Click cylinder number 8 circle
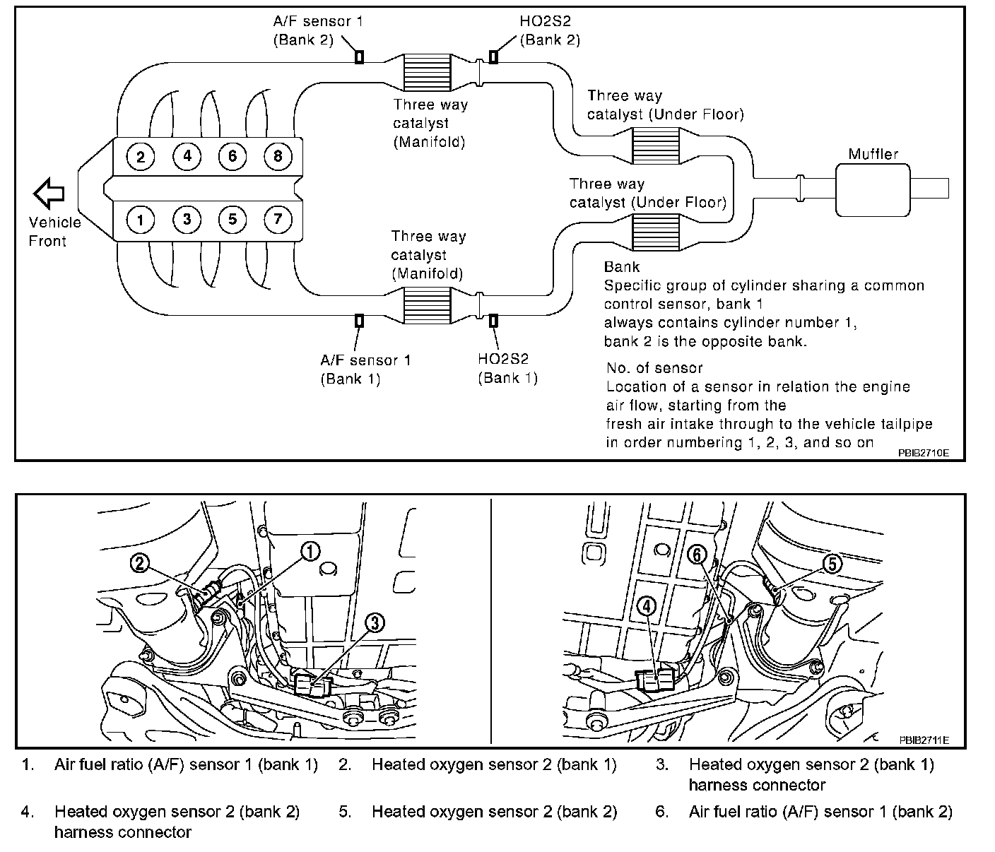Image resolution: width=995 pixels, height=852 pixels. [278, 156]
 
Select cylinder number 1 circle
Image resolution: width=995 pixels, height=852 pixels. [141, 220]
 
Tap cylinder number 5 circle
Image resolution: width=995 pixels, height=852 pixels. [232, 220]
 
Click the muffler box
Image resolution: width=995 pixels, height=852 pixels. [873, 189]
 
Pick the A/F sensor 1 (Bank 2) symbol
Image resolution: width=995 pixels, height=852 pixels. [359, 57]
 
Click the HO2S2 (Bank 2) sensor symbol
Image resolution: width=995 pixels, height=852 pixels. [493, 57]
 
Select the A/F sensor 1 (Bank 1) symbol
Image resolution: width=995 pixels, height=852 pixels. [359, 321]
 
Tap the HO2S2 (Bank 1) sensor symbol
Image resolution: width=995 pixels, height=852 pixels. [493, 321]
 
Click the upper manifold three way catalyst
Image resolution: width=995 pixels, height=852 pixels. [427, 71]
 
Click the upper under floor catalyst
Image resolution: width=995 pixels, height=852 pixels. [655, 146]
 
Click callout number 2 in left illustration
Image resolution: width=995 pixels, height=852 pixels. [141, 563]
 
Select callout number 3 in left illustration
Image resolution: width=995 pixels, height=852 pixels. [375, 622]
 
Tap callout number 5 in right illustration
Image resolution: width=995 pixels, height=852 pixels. [832, 564]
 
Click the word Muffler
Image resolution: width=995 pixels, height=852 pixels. [873, 154]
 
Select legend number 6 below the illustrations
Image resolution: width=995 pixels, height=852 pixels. [661, 812]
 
